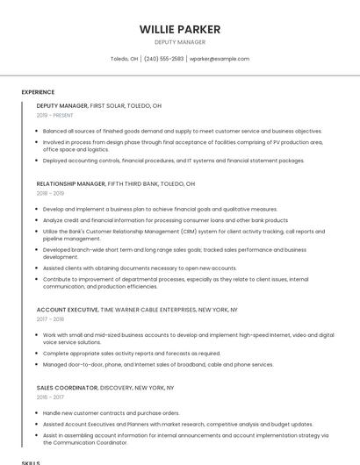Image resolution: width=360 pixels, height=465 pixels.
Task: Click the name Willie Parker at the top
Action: [180, 29]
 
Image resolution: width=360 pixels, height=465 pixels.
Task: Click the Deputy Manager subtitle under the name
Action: [180, 42]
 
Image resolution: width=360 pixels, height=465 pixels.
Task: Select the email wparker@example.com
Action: [220, 59]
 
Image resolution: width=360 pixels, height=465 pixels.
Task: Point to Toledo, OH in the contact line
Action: [124, 59]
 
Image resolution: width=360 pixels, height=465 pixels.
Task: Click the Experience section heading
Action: [38, 92]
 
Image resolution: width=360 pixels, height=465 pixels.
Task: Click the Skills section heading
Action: [31, 461]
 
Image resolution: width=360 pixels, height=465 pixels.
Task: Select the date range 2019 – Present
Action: [54, 115]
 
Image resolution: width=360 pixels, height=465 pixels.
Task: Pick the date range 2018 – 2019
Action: [50, 193]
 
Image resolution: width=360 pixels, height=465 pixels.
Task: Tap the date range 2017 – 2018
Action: [50, 319]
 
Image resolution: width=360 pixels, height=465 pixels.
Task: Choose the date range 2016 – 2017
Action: [50, 397]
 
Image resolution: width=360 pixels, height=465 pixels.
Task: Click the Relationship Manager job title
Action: [70, 184]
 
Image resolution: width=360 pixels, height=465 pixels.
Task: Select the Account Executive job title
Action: [67, 310]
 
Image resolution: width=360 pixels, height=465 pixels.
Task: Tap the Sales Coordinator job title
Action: [67, 387]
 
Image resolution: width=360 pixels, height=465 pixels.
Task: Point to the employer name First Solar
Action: [109, 105]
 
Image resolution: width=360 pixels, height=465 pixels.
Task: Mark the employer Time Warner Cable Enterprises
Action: [149, 310]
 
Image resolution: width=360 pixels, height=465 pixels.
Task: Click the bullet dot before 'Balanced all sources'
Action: [38, 132]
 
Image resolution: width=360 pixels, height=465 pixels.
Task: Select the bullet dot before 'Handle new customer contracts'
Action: [38, 413]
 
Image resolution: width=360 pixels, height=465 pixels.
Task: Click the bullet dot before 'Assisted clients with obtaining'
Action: [38, 268]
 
